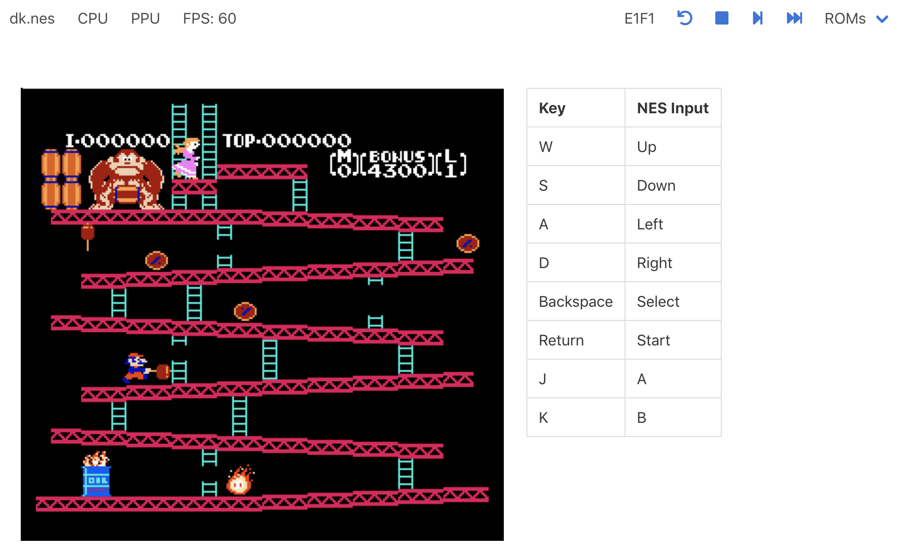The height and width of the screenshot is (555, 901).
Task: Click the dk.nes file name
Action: pyautogui.click(x=32, y=18)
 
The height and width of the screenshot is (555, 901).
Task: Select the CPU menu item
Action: pyautogui.click(x=92, y=18)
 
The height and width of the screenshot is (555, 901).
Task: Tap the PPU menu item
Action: pyautogui.click(x=145, y=18)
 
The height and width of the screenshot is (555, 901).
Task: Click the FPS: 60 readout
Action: pyautogui.click(x=209, y=18)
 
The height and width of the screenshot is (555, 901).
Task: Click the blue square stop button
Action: pyautogui.click(x=721, y=18)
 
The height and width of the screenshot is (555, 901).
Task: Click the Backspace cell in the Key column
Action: pyautogui.click(x=576, y=302)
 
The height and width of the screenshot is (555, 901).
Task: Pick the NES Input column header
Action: pyautogui.click(x=672, y=108)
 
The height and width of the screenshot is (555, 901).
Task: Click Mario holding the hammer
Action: pyautogui.click(x=136, y=368)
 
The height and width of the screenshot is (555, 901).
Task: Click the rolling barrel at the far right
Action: pyautogui.click(x=467, y=244)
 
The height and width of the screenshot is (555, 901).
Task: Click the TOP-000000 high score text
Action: pyautogui.click(x=286, y=141)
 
